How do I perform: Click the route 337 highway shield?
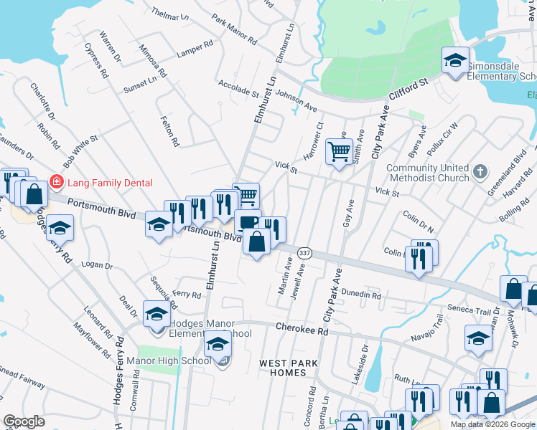point(304,254)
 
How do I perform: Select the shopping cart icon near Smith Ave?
point(338,151)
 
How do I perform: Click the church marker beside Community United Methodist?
point(481,172)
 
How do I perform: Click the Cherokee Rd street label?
point(302,330)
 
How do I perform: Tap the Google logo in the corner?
point(24,421)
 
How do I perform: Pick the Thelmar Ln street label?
point(170,14)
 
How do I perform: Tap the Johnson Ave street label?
point(296,100)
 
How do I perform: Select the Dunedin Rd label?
point(361,294)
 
